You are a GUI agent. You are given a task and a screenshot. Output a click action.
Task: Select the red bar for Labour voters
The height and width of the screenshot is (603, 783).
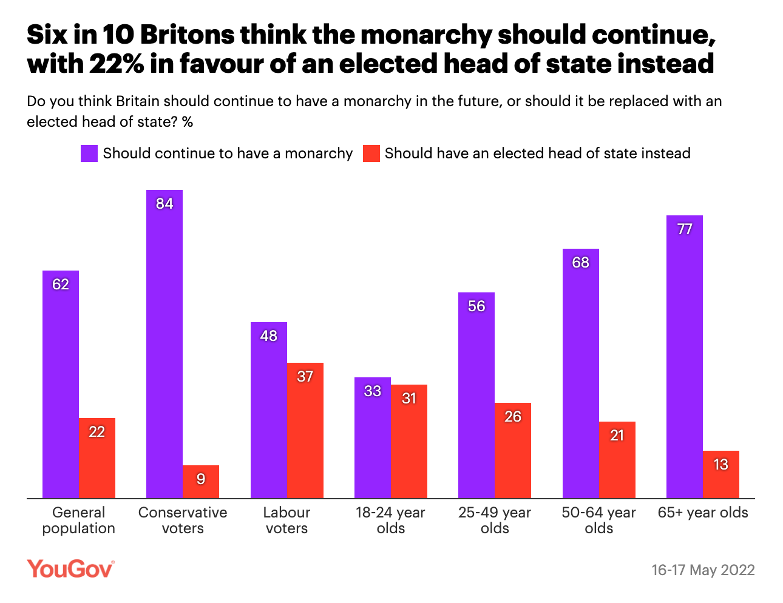pos(305,431)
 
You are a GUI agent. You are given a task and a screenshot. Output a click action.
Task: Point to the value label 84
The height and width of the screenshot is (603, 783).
pos(164,204)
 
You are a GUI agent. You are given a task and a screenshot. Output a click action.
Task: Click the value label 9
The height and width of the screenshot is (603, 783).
pos(201,479)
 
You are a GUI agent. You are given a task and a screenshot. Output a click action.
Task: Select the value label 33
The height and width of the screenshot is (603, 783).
pos(373,391)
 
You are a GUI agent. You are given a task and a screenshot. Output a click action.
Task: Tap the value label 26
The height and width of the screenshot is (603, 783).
pos(513,417)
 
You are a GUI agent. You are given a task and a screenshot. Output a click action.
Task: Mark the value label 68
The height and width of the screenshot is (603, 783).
pos(581,263)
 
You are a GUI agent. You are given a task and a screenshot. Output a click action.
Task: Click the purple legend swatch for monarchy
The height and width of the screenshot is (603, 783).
pos(89,153)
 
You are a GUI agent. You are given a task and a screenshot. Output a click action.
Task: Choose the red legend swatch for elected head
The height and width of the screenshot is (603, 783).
pos(371,153)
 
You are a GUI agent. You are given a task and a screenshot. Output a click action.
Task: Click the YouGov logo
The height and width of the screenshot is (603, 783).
pos(70,569)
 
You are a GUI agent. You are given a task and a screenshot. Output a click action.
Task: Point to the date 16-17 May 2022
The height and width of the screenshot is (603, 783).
pos(703,570)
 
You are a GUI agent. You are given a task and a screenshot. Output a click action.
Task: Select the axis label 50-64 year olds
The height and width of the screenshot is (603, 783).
pos(599,520)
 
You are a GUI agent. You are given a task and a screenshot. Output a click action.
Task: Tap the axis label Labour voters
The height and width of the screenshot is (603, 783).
pos(287,520)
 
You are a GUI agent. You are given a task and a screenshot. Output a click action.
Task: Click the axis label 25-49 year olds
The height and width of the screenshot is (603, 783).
pos(495,520)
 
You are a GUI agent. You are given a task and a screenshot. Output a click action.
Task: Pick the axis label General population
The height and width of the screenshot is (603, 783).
pos(79,520)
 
